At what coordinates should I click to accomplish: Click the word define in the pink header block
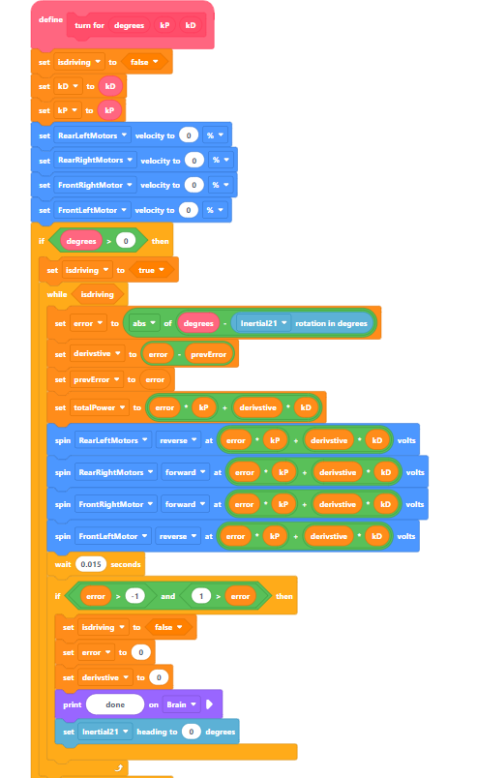pos(50,20)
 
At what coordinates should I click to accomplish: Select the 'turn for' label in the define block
pos(89,25)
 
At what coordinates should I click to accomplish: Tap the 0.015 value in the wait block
pos(91,564)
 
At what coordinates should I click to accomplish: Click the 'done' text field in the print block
pos(115,704)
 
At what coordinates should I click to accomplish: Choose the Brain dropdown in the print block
pos(181,704)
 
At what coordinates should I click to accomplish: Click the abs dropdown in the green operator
pos(144,323)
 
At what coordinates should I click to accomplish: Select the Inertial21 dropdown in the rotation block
pos(263,323)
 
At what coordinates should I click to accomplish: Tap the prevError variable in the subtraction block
pos(208,354)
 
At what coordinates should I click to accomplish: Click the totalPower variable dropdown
pos(100,407)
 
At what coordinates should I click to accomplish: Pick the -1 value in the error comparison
pos(134,596)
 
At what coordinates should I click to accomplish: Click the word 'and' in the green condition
pos(167,596)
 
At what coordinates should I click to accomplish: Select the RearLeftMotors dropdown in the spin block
pos(113,440)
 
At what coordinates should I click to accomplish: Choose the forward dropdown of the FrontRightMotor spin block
pos(185,504)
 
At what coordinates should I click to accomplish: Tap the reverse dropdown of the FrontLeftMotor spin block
pos(178,536)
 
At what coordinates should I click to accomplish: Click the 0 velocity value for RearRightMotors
pos(194,161)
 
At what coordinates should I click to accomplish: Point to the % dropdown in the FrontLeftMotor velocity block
pos(215,210)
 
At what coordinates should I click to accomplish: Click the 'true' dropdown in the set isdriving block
pos(151,270)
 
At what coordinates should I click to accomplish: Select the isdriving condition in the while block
pos(98,295)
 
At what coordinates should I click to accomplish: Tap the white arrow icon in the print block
pos(209,704)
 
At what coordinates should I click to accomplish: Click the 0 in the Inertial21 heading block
pos(192,732)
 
